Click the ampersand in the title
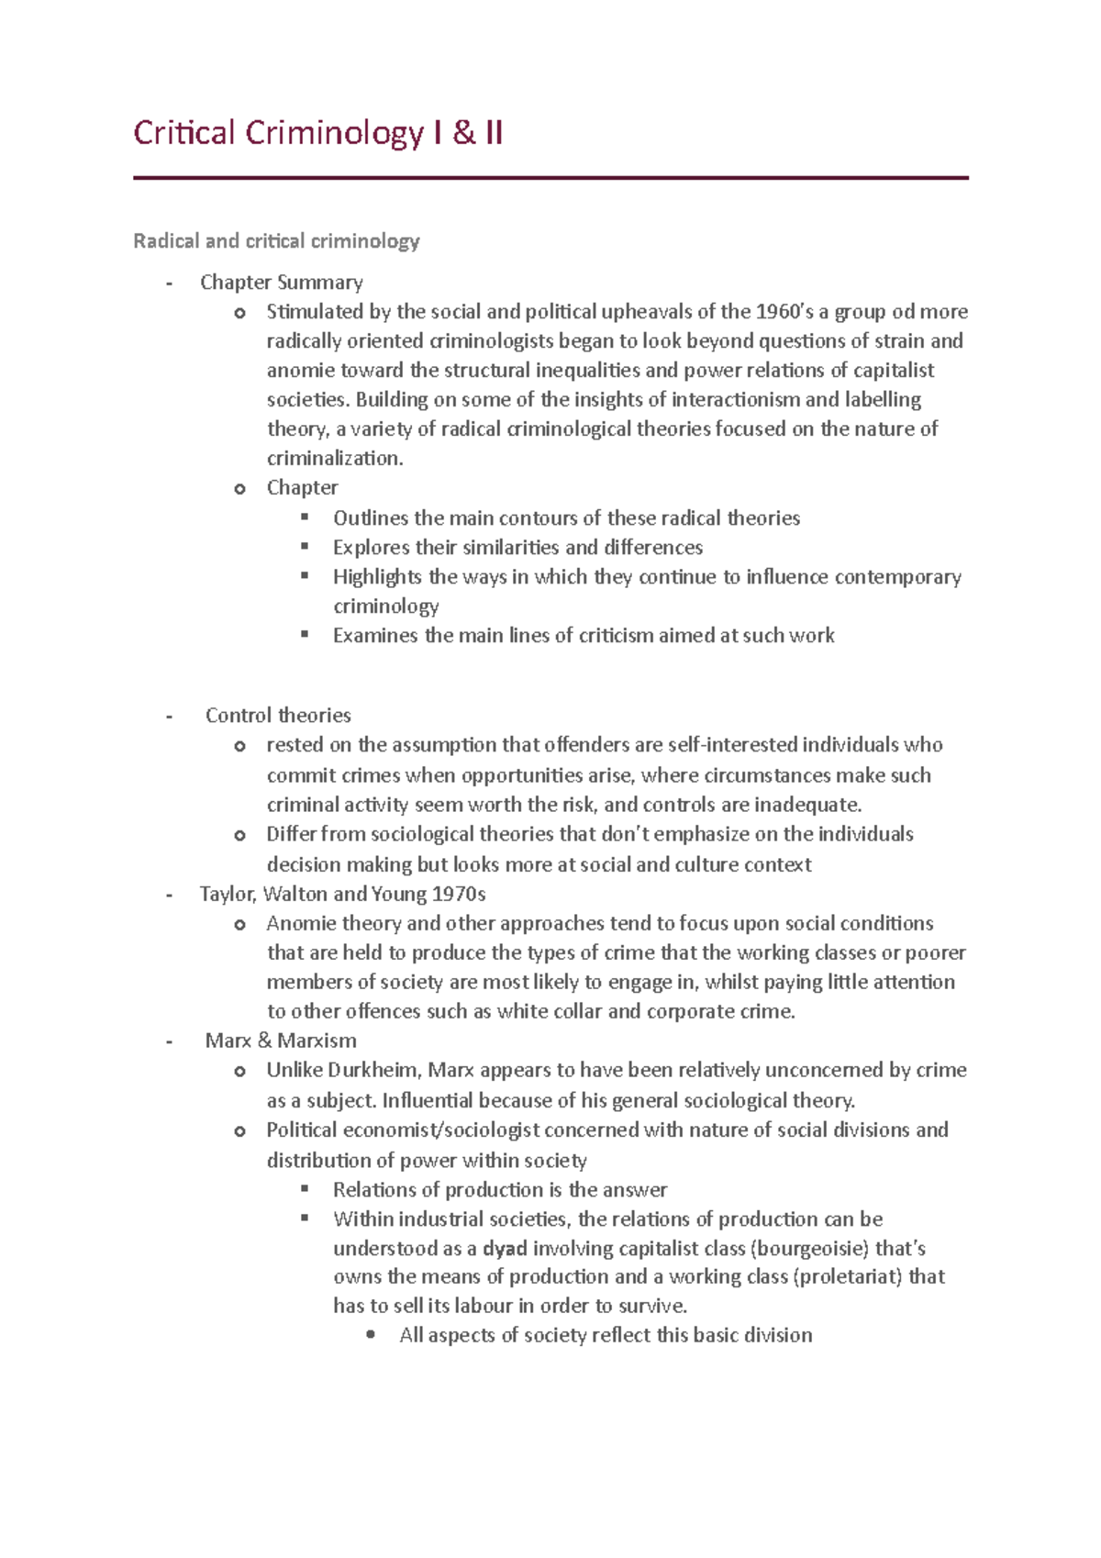point(464,134)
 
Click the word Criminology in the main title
point(334,134)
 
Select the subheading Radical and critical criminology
point(276,241)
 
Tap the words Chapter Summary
point(282,283)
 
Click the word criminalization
point(334,459)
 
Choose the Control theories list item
point(278,716)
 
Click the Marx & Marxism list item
point(281,1041)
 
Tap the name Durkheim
point(373,1071)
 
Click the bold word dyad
point(505,1249)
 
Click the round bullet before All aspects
point(371,1336)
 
